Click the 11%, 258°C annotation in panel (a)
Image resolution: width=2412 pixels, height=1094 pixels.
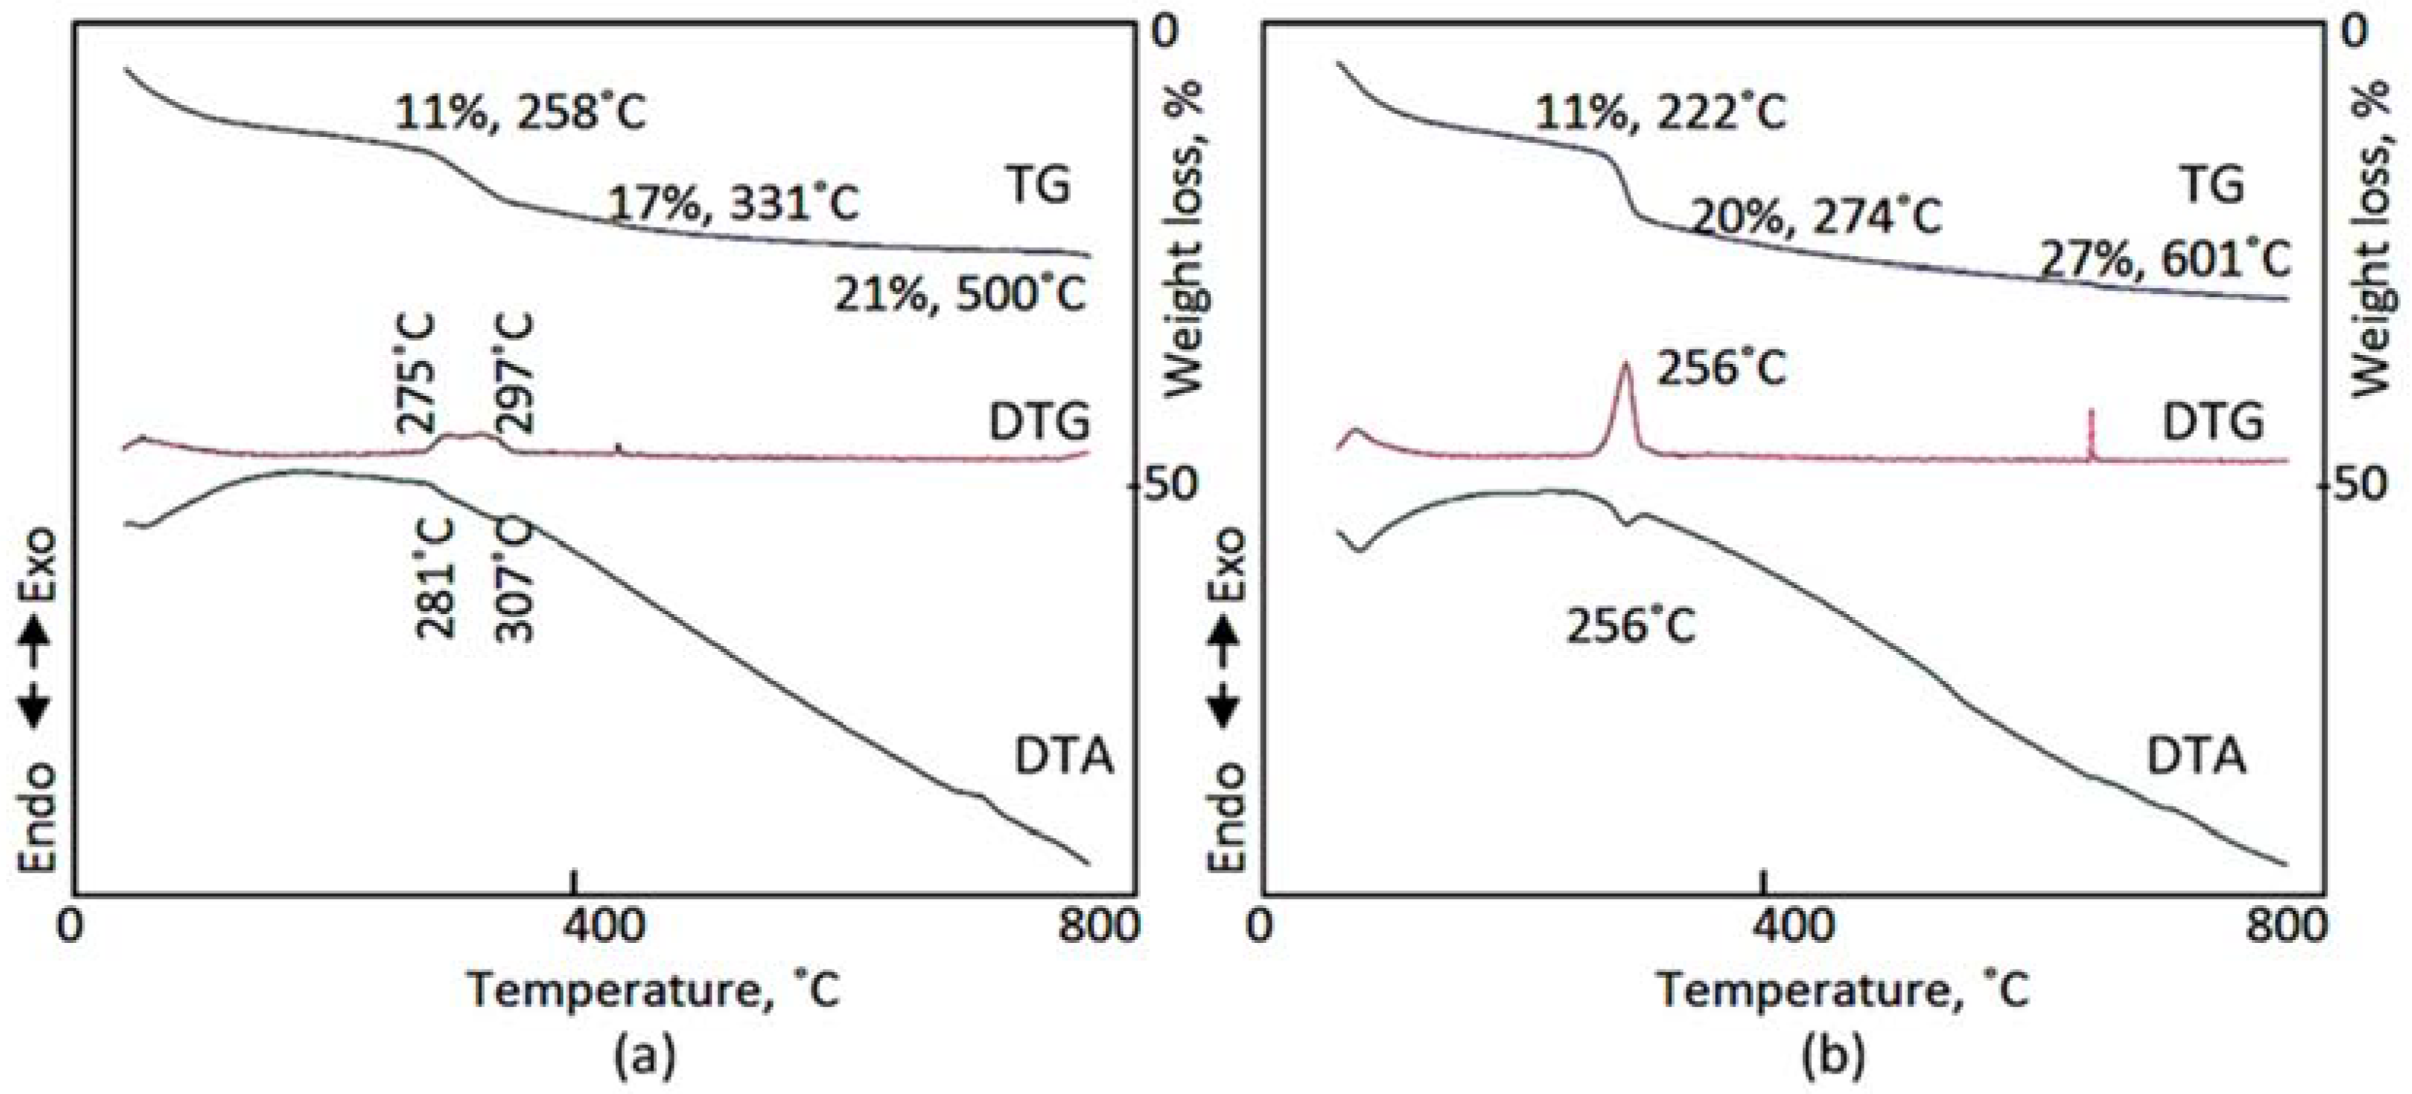coord(520,113)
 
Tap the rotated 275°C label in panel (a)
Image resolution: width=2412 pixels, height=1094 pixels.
coord(416,373)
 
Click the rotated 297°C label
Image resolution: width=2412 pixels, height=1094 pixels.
coord(514,372)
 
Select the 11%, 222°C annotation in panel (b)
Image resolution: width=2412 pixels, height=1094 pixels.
coord(1660,113)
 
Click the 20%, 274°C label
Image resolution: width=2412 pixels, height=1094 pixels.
coord(1816,217)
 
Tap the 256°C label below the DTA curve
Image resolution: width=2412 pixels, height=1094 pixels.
coord(1631,626)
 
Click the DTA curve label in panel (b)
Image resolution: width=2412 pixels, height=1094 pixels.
coord(2195,755)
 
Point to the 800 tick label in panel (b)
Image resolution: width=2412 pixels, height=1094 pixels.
coord(2287,926)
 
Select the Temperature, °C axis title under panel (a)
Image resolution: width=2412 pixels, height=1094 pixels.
coord(653,990)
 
